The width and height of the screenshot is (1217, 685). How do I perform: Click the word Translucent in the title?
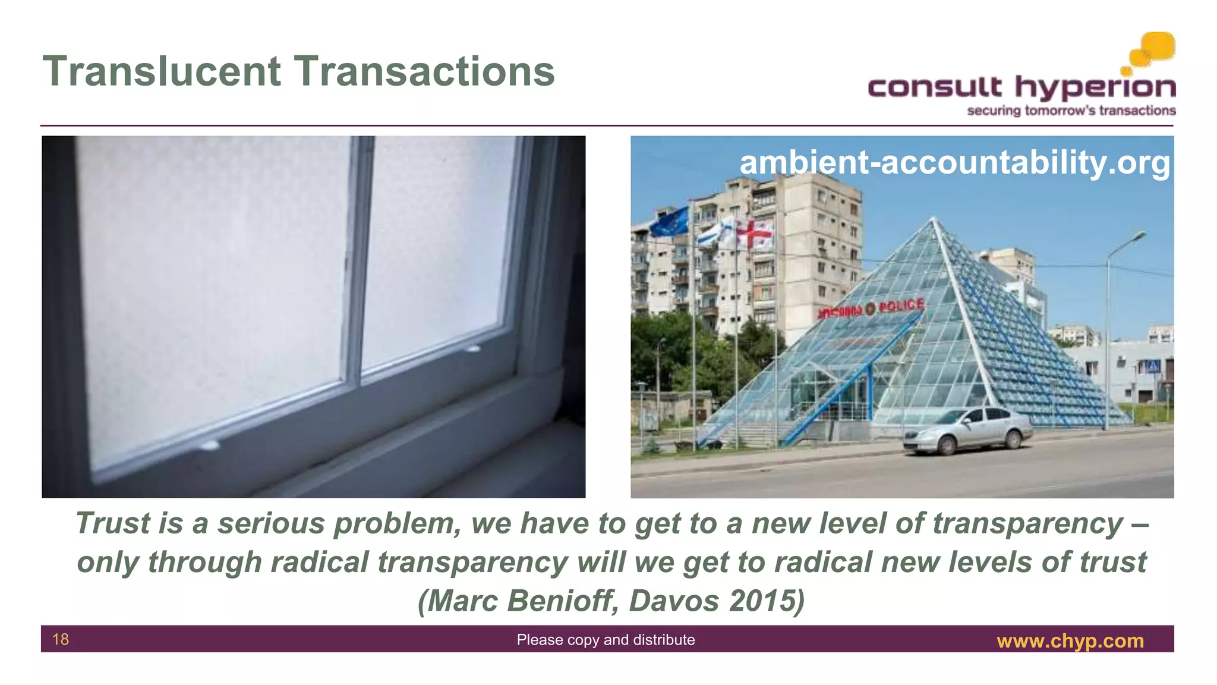coord(162,71)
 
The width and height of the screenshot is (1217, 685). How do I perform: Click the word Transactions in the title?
coord(425,71)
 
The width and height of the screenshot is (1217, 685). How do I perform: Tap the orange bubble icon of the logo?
coord(1153,49)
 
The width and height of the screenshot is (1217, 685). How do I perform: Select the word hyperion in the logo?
coord(1095,89)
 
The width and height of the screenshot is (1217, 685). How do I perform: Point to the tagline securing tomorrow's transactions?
coord(1071,111)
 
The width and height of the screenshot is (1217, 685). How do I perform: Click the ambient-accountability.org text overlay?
coord(954,162)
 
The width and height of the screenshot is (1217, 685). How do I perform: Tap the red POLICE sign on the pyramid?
coord(901,306)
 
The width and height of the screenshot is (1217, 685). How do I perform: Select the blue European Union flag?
coord(669,222)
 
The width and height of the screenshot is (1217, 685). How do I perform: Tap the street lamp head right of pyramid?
coord(1138,235)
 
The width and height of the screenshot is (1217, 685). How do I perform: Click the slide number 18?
coord(61,639)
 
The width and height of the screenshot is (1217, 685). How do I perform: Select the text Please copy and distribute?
coord(606,640)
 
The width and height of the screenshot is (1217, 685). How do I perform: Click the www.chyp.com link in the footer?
coord(1070,641)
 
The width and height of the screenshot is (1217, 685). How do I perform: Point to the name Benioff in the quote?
coord(564,601)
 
